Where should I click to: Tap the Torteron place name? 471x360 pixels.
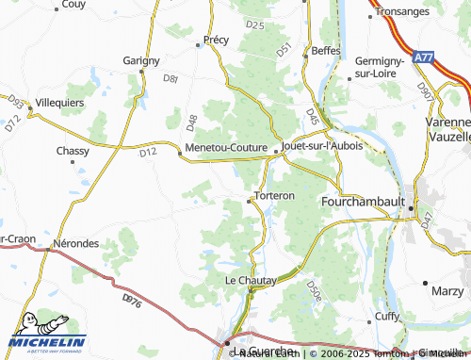(273, 196)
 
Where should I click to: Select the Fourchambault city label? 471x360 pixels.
(362, 202)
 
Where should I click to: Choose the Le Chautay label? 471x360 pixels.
(250, 280)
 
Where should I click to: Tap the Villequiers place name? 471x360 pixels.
(59, 102)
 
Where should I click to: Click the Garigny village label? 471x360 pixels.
(141, 59)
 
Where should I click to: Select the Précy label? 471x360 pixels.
(216, 41)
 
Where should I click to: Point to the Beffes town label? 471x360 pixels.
(325, 49)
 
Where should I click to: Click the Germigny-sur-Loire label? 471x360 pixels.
(381, 66)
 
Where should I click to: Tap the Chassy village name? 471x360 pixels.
(73, 151)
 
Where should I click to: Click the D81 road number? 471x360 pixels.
(171, 79)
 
